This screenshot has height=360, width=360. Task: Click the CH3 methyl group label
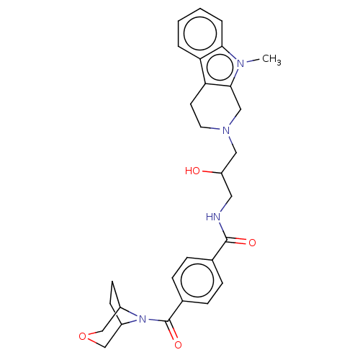pyautogui.click(x=271, y=59)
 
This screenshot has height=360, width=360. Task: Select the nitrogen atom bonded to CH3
pyautogui.click(x=240, y=63)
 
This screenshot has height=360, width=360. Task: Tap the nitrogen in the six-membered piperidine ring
pyautogui.click(x=226, y=130)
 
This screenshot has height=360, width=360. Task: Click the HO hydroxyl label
pyautogui.click(x=192, y=171)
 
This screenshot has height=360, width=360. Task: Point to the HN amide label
pyautogui.click(x=213, y=217)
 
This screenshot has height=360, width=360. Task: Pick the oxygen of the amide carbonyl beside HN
pyautogui.click(x=252, y=243)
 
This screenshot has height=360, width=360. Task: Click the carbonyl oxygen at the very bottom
pyautogui.click(x=178, y=345)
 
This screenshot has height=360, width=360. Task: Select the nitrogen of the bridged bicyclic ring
pyautogui.click(x=143, y=319)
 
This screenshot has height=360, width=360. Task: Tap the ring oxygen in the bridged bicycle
pyautogui.click(x=82, y=336)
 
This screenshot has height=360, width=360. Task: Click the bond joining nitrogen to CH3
pyautogui.click(x=253, y=60)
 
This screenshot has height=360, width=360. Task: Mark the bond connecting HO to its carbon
pyautogui.click(x=212, y=172)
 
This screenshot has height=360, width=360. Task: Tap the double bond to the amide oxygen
pyautogui.click(x=236, y=241)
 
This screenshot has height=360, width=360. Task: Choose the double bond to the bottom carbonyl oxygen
pyautogui.click(x=172, y=330)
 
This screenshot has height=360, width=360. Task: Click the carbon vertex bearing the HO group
pyautogui.click(x=222, y=173)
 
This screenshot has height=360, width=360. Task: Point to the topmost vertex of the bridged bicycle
pyautogui.click(x=112, y=282)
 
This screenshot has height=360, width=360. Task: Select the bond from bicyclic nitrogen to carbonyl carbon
pyautogui.click(x=158, y=320)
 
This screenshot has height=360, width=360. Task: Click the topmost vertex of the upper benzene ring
pyautogui.click(x=200, y=9)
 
